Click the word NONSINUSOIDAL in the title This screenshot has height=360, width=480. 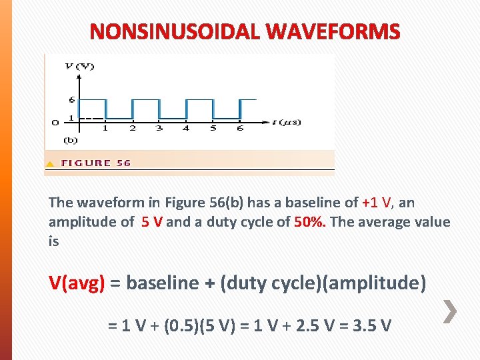[174, 31]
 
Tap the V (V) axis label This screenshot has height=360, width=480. [79, 66]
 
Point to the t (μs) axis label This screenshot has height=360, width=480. [286, 122]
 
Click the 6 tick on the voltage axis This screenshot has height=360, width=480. [71, 100]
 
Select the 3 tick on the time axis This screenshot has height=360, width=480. [159, 128]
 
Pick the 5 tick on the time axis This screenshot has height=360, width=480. [213, 128]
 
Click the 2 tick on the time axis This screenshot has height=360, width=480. [132, 128]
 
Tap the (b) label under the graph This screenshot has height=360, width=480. [71, 140]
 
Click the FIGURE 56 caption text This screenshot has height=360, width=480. [96, 163]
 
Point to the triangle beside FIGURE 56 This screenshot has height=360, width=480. [50, 163]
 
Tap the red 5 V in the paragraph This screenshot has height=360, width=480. [151, 222]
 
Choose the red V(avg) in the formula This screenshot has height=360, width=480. [77, 283]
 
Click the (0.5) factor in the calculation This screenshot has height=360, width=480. [175, 326]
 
